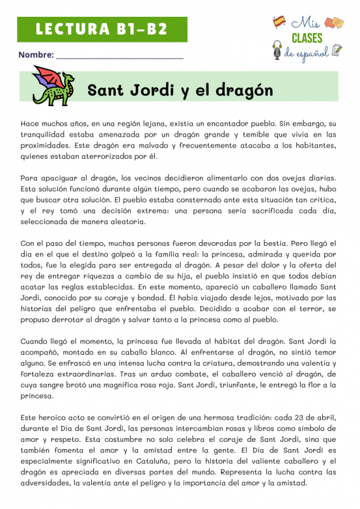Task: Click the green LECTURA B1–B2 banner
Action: click(100, 29)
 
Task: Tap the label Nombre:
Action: click(35, 55)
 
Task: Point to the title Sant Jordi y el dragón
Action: click(180, 91)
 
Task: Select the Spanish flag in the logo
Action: click(279, 22)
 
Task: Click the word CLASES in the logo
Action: click(307, 38)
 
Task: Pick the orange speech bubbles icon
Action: click(334, 23)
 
